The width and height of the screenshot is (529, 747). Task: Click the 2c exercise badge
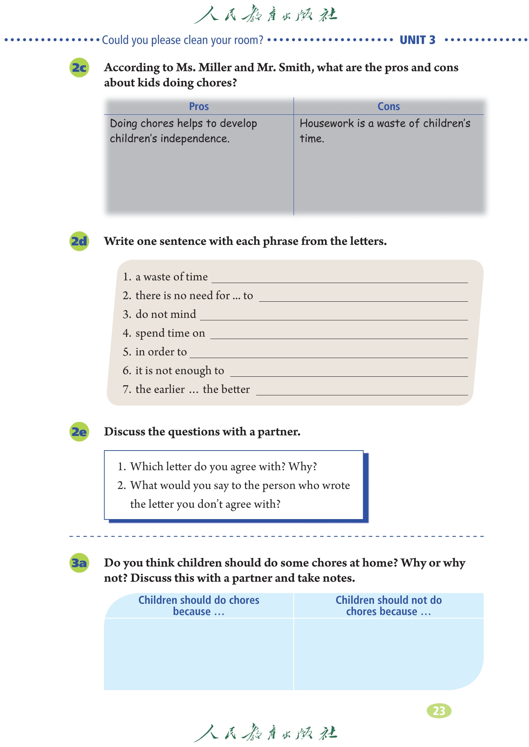tap(79, 68)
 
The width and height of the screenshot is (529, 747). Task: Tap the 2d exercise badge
tap(79, 241)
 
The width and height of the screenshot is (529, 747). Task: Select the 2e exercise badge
tap(79, 432)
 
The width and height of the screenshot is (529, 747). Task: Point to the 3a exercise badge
tap(79, 563)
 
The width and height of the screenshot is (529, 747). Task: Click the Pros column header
tap(199, 106)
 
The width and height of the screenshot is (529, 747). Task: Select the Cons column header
tap(389, 106)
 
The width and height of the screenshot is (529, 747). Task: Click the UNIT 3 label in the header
tap(417, 40)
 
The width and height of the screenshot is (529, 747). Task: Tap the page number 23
tap(439, 711)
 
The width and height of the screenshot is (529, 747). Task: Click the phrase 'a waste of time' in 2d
tap(171, 277)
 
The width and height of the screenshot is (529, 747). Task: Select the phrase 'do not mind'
tap(166, 314)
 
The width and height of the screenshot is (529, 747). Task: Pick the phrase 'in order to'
tap(161, 352)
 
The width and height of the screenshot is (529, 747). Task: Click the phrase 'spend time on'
tap(170, 333)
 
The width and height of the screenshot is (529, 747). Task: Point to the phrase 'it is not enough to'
tap(179, 371)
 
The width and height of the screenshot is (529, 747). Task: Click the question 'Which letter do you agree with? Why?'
tap(223, 466)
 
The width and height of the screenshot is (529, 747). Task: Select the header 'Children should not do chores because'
tap(389, 605)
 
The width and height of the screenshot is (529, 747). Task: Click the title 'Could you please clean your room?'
tap(183, 40)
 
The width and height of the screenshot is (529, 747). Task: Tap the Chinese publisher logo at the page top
tap(265, 15)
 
